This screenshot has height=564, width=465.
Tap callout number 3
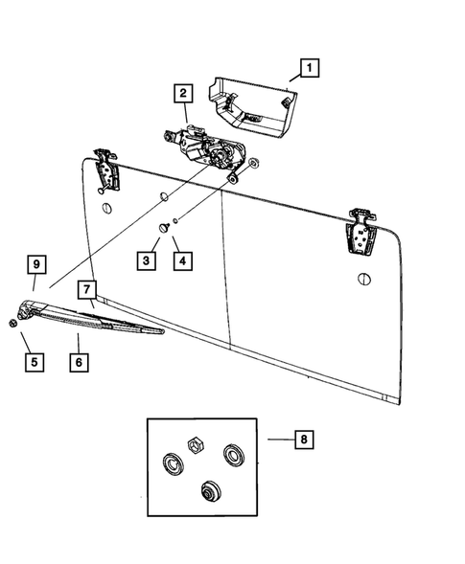click(147, 259)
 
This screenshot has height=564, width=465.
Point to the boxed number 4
click(179, 259)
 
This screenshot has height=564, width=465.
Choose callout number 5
click(33, 362)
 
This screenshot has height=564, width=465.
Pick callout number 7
click(86, 288)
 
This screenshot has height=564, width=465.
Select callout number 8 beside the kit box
click(304, 440)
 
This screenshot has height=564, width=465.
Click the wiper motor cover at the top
click(251, 100)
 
